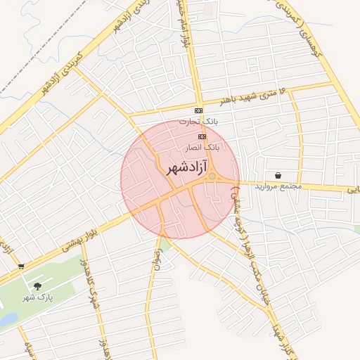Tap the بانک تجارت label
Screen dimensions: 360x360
(x=198, y=122)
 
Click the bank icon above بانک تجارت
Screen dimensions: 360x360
(x=199, y=111)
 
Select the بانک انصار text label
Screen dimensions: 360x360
(x=202, y=148)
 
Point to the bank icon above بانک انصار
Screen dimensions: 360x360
(x=202, y=136)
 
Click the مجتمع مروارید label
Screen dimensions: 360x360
(x=280, y=186)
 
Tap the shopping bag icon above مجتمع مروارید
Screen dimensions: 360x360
(x=280, y=175)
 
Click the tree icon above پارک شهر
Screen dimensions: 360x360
(x=37, y=286)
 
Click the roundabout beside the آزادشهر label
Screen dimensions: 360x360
(x=212, y=176)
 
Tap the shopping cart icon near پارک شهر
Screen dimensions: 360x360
(x=21, y=266)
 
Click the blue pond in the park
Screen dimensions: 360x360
(x=7, y=320)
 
